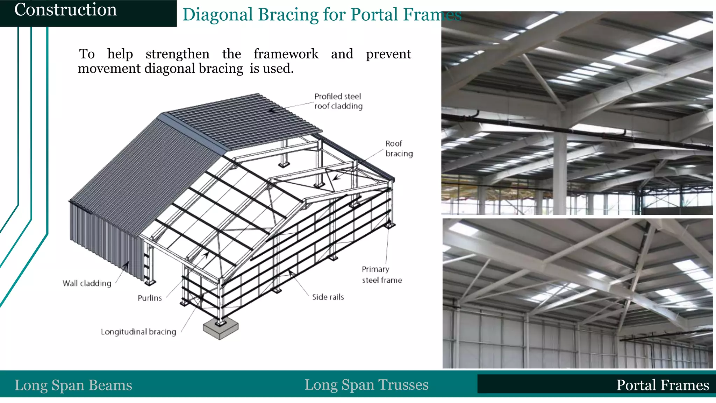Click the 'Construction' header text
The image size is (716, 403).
pyautogui.click(x=65, y=10)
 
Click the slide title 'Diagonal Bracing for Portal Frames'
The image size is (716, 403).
pyautogui.click(x=322, y=15)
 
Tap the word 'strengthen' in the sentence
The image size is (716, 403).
pyautogui.click(x=177, y=54)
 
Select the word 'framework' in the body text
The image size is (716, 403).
pyautogui.click(x=286, y=54)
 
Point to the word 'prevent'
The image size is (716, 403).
pyautogui.click(x=388, y=54)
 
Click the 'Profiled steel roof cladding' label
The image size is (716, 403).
pyautogui.click(x=338, y=101)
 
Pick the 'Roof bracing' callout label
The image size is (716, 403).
pyautogui.click(x=399, y=149)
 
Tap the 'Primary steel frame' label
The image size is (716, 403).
pyautogui.click(x=381, y=275)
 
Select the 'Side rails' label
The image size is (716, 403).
pyautogui.click(x=328, y=297)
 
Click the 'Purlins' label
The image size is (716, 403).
pyautogui.click(x=150, y=298)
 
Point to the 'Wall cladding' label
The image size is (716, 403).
pyautogui.click(x=87, y=283)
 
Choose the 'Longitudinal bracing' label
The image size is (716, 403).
pyautogui.click(x=138, y=332)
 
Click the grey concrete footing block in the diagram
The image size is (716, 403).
pyautogui.click(x=220, y=330)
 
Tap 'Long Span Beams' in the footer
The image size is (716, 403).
pyautogui.click(x=73, y=385)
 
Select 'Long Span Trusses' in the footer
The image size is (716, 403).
pyautogui.click(x=366, y=385)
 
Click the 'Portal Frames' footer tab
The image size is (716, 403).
pyautogui.click(x=662, y=385)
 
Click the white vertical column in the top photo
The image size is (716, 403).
pyautogui.click(x=560, y=164)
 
